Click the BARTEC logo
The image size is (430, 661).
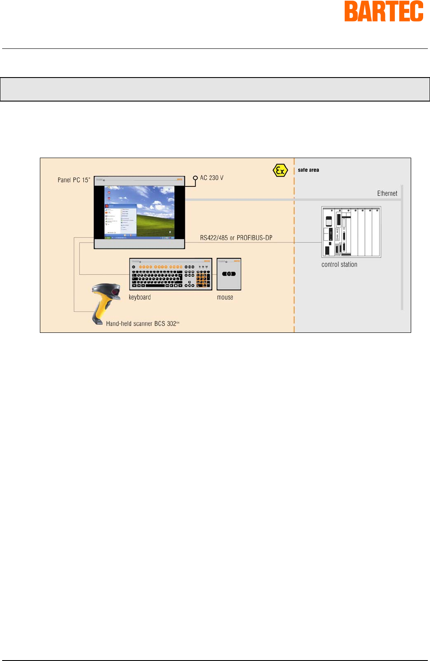tap(384, 12)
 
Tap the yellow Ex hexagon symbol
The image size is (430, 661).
tap(280, 171)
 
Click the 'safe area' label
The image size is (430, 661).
tap(308, 170)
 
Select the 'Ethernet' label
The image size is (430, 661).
tap(387, 194)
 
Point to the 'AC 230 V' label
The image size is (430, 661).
tap(211, 178)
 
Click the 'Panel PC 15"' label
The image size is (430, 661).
tap(74, 180)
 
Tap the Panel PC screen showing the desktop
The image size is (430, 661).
tap(140, 212)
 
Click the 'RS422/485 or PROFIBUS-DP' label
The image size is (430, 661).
tap(236, 238)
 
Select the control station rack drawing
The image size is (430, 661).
tap(351, 232)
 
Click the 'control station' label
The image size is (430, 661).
tap(339, 265)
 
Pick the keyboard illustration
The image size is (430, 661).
tap(171, 274)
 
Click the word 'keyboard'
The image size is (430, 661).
tap(140, 297)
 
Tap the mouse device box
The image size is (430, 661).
tap(229, 274)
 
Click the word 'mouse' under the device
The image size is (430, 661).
tap(225, 297)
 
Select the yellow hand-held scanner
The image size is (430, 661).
tap(104, 302)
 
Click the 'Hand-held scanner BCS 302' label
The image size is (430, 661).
tap(142, 324)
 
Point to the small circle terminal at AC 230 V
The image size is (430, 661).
tap(195, 178)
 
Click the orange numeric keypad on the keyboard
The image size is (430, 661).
tap(203, 278)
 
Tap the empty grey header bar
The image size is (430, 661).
tap(215, 89)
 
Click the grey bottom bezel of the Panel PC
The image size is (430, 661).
tap(139, 244)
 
